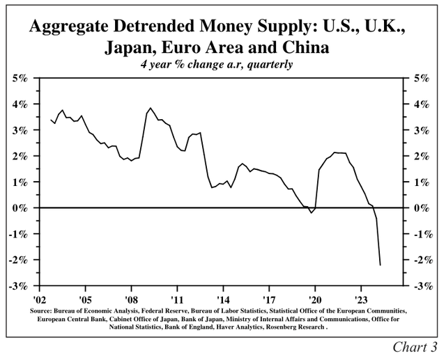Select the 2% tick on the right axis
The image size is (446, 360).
click(422, 156)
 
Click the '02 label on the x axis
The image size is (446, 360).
click(39, 296)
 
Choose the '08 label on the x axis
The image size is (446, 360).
click(131, 296)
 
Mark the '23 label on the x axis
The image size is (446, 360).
click(361, 296)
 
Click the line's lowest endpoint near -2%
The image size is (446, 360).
click(380, 265)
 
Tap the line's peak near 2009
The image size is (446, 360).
click(150, 108)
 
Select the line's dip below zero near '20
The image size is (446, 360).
click(312, 212)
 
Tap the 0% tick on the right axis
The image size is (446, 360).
click(422, 208)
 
